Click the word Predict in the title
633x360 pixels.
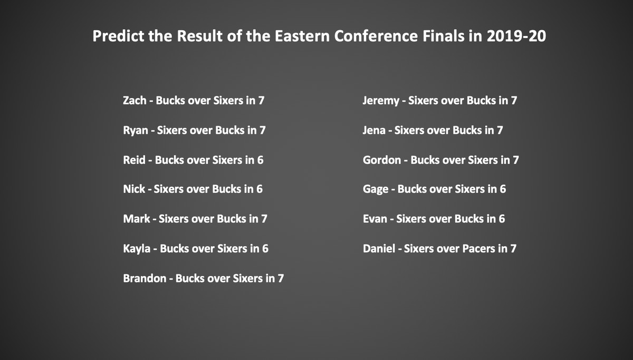click(x=119, y=36)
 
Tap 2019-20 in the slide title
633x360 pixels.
click(x=516, y=36)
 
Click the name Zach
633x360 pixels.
click(x=135, y=100)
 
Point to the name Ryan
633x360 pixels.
click(x=136, y=130)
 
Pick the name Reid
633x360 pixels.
click(x=134, y=160)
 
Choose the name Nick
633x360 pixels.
click(x=134, y=189)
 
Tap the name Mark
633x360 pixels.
click(x=137, y=219)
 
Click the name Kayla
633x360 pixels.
click(x=137, y=249)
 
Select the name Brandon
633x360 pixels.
click(x=145, y=278)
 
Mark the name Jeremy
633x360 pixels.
click(x=381, y=101)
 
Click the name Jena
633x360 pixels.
click(x=374, y=130)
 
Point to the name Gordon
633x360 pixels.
click(x=382, y=160)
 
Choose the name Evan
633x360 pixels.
click(x=375, y=219)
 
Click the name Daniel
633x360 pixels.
click(x=379, y=248)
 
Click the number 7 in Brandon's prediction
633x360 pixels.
click(x=281, y=278)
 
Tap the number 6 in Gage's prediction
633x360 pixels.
click(x=503, y=189)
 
